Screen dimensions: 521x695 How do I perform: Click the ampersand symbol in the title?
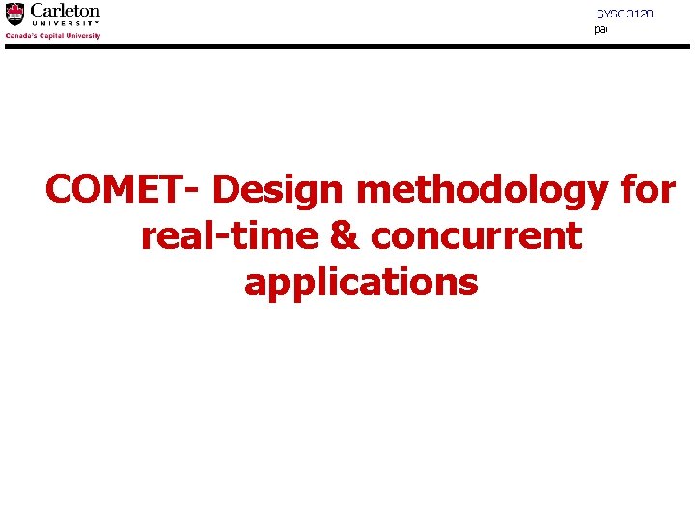343,236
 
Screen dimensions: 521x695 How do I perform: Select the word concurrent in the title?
476,236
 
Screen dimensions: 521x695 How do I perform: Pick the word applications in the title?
361,284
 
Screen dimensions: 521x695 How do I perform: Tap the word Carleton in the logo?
65,11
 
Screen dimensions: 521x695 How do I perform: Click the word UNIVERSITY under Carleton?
65,24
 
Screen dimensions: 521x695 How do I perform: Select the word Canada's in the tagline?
21,36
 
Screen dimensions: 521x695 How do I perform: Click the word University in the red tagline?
84,36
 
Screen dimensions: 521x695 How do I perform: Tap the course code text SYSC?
610,14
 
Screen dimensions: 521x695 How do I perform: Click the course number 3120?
640,14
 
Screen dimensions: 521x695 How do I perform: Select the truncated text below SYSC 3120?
600,30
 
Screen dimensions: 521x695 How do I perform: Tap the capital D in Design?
226,190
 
